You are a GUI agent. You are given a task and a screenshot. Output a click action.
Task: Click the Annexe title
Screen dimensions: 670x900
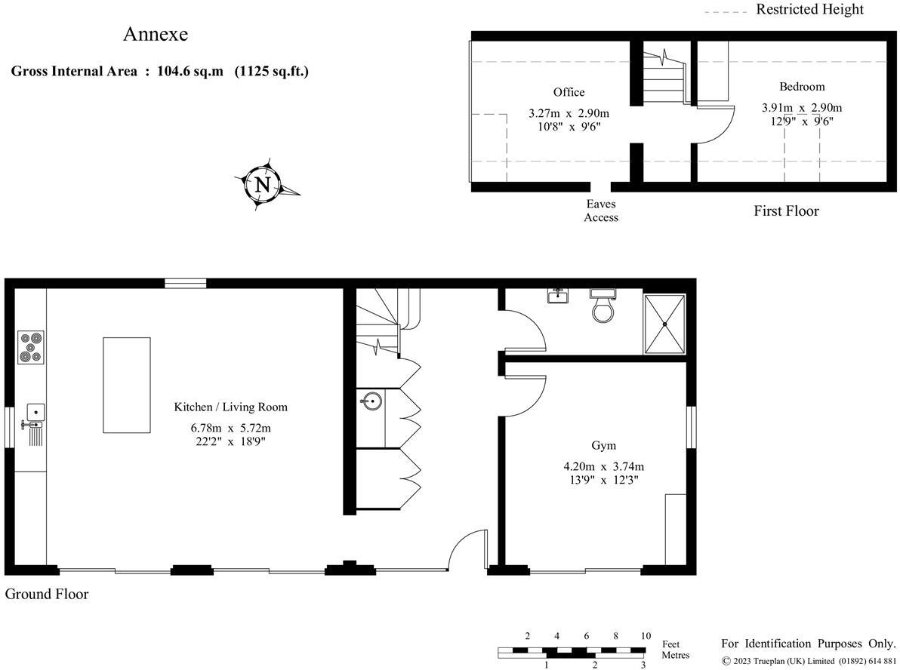(156, 35)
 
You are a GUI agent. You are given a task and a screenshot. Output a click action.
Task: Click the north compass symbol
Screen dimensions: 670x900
(263, 184)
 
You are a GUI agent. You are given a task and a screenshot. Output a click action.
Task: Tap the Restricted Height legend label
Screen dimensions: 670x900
(809, 10)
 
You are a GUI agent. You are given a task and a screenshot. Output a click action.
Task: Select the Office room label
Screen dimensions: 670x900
(569, 92)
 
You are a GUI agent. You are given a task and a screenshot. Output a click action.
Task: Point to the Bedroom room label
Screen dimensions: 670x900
(802, 86)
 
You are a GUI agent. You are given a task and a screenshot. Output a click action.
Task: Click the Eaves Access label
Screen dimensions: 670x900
(601, 211)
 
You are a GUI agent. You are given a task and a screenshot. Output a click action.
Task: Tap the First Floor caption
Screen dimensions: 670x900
(786, 211)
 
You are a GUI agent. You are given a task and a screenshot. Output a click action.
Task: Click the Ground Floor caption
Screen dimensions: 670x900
(47, 595)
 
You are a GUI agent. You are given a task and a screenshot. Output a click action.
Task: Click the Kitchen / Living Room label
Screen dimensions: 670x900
(230, 407)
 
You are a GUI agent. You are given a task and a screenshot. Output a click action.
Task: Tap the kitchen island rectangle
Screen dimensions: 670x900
(126, 385)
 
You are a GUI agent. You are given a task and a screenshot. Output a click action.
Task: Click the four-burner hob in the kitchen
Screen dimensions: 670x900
(30, 347)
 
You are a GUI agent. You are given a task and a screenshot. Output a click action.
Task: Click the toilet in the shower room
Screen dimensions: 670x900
(604, 307)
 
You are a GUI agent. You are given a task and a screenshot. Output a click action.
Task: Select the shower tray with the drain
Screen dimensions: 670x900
(664, 324)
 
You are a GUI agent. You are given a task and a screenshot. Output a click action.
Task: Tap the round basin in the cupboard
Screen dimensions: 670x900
(371, 400)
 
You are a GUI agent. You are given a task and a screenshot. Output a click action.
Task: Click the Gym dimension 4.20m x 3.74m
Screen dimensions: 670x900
(598, 466)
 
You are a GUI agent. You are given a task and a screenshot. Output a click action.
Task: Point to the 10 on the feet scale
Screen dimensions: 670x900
(645, 636)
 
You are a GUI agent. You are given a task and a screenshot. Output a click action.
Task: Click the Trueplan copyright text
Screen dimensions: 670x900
(809, 662)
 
